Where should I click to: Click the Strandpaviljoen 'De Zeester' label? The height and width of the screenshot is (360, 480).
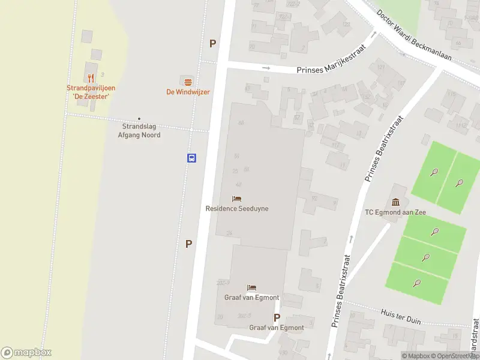pyautogui.click(x=91, y=92)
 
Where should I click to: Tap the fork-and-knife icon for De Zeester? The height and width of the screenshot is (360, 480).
pyautogui.click(x=91, y=77)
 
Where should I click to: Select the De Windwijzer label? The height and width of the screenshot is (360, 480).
pyautogui.click(x=188, y=92)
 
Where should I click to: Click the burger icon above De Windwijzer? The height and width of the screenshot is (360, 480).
pyautogui.click(x=188, y=81)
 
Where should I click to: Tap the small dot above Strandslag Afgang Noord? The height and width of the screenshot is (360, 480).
pyautogui.click(x=139, y=119)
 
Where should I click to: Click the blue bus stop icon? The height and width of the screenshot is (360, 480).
pyautogui.click(x=191, y=158)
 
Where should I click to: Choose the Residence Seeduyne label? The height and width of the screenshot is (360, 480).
pyautogui.click(x=237, y=209)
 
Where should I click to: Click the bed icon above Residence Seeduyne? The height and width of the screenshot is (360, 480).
pyautogui.click(x=237, y=199)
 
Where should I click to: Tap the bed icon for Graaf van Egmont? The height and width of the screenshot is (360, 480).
pyautogui.click(x=251, y=288)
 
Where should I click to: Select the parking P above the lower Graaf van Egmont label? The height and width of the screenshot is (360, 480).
pyautogui.click(x=277, y=318)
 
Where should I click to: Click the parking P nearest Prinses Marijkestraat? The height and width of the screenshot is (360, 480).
pyautogui.click(x=212, y=43)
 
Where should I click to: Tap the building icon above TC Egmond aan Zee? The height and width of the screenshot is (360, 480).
pyautogui.click(x=395, y=202)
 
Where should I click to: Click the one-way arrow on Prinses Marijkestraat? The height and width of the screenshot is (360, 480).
pyautogui.click(x=266, y=68)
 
